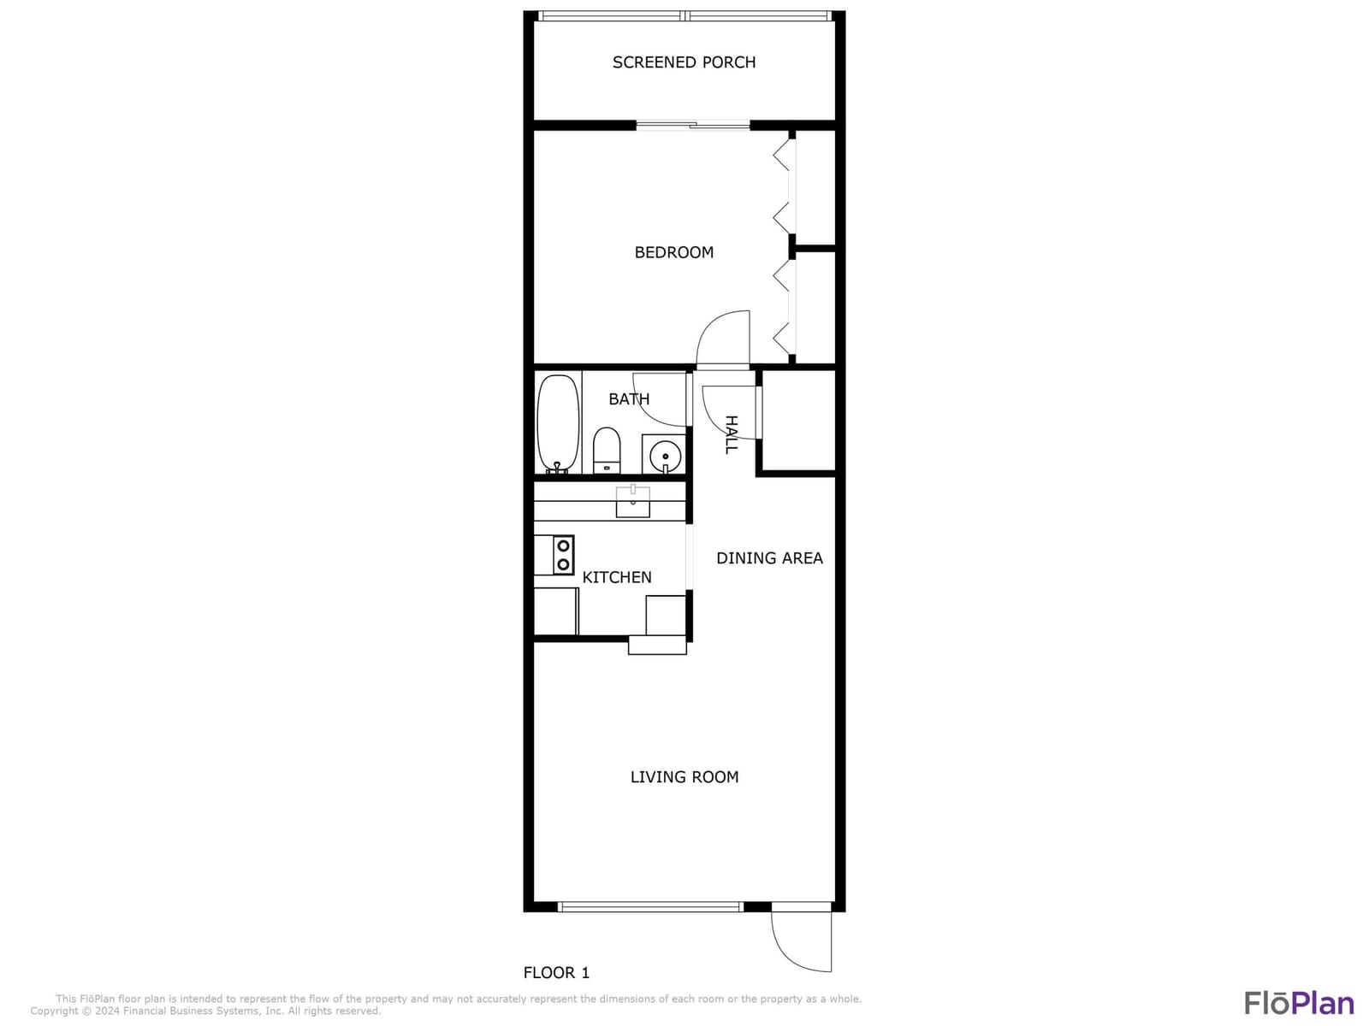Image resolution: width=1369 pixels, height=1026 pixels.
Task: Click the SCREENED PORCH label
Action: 684,62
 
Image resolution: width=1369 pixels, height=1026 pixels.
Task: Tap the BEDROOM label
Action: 673,252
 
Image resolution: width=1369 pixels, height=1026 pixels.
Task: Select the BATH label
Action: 629,399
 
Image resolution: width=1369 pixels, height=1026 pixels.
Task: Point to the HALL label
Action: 732,434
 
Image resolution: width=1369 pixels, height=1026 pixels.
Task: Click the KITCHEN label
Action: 617,577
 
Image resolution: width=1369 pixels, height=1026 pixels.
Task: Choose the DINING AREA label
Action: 769,558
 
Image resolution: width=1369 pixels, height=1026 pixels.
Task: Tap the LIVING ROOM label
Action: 684,777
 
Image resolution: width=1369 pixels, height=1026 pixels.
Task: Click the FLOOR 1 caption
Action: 556,972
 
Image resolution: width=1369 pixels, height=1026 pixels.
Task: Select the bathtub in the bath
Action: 558,423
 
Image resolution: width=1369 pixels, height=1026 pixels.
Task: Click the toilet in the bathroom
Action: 606,451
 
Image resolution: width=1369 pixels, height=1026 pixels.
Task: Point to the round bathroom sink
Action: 665,456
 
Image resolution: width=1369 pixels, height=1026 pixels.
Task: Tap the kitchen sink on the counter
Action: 632,502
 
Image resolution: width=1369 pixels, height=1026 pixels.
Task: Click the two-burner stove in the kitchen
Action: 563,555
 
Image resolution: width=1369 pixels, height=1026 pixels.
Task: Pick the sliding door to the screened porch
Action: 692,126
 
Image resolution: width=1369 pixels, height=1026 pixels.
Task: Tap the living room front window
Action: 650,907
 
